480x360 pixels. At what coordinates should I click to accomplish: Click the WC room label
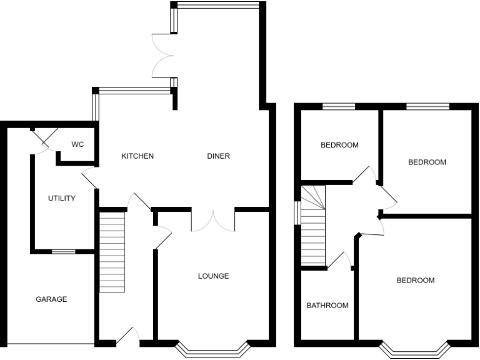click(x=77, y=144)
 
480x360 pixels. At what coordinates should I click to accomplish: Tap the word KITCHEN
click(x=137, y=156)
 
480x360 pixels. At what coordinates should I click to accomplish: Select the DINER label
click(x=219, y=156)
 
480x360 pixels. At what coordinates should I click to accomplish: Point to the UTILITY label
click(x=62, y=199)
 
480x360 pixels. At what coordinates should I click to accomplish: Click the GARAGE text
click(x=51, y=299)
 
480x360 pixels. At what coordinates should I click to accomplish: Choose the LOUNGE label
click(x=214, y=276)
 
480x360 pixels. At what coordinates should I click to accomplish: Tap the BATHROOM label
click(x=327, y=306)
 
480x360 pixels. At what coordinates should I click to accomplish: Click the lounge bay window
click(x=213, y=349)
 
